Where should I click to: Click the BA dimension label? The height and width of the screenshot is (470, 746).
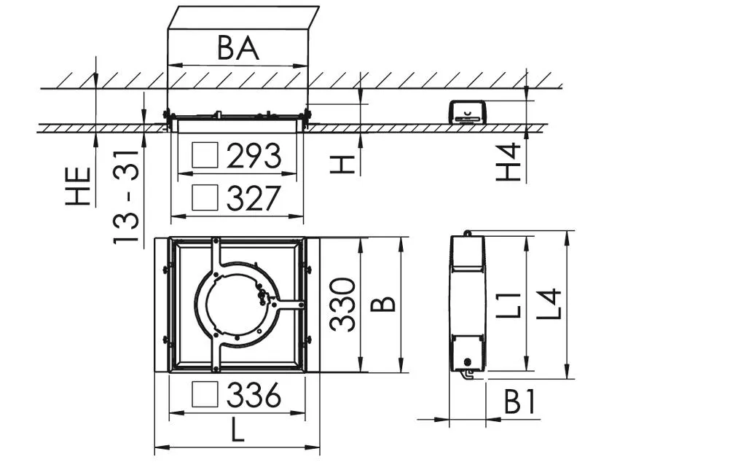tap(238, 47)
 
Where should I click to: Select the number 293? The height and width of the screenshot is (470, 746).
tap(254, 156)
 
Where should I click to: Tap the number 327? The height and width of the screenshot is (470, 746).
tap(254, 198)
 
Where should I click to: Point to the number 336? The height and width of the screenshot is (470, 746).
tap(254, 396)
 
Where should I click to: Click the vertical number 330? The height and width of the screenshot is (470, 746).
tap(342, 305)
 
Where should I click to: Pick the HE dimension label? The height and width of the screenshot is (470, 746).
tap(78, 186)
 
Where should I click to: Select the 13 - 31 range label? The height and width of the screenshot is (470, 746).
tap(126, 197)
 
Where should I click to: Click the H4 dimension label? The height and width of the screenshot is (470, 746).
tap(508, 162)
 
